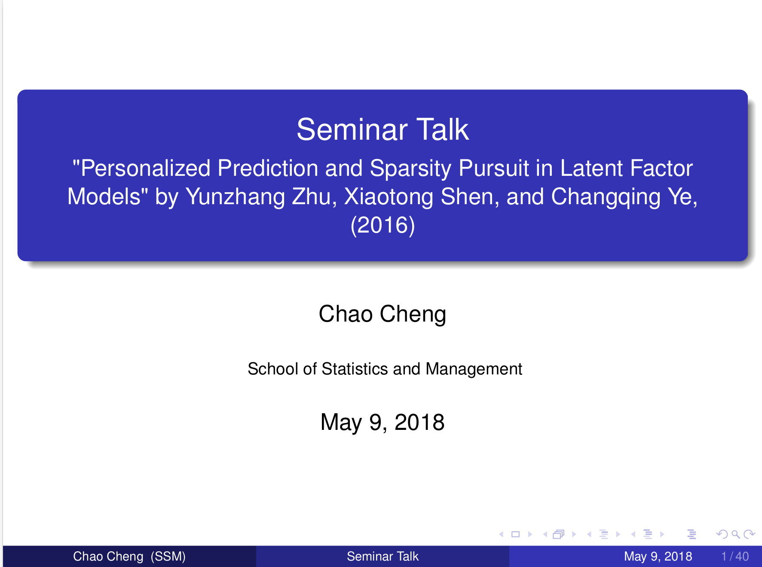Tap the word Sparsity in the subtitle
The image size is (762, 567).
(x=410, y=168)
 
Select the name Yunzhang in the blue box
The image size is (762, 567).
(x=235, y=197)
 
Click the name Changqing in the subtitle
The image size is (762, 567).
(x=606, y=197)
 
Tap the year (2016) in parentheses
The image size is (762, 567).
(x=383, y=225)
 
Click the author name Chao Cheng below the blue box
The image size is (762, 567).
(x=383, y=314)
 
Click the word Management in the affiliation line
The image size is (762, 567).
(x=474, y=369)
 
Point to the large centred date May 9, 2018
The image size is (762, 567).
(x=383, y=422)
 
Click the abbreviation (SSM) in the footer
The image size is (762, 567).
(x=168, y=556)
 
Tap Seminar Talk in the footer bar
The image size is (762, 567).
(x=383, y=556)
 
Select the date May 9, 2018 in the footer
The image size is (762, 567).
(x=658, y=556)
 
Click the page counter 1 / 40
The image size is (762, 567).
(x=735, y=556)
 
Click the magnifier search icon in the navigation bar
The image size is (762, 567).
(x=735, y=534)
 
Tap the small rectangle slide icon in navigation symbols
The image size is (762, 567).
(x=516, y=534)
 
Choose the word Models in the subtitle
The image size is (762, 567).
(x=104, y=197)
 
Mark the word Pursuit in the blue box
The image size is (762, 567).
(x=494, y=168)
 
